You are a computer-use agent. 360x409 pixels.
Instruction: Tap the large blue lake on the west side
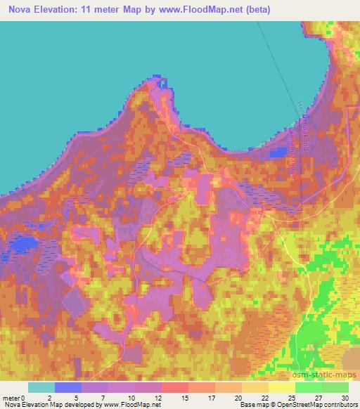(24, 244)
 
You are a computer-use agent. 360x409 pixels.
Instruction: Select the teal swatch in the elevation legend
(41, 387)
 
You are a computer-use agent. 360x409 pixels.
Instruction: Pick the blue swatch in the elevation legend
(68, 387)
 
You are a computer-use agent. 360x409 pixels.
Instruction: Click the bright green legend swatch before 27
(309, 387)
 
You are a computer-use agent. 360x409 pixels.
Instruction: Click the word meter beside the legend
(11, 397)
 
